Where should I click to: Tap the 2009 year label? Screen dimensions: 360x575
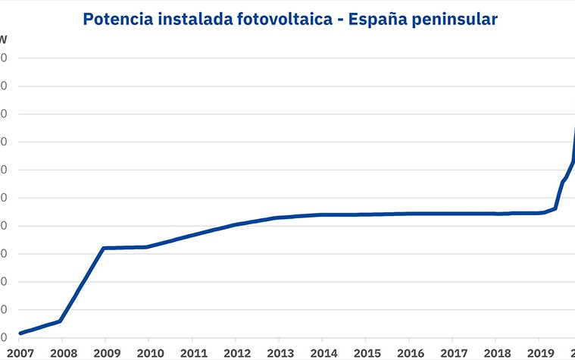click(x=105, y=352)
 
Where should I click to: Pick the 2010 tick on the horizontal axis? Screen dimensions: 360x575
click(x=148, y=352)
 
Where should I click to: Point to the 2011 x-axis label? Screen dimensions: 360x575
click(x=192, y=352)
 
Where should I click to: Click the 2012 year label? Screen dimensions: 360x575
click(x=236, y=352)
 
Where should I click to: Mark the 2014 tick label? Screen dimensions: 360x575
click(x=323, y=352)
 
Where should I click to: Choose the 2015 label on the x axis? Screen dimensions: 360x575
click(x=367, y=352)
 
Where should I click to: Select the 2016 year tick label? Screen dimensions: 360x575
click(x=410, y=352)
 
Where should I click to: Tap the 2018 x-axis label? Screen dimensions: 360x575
click(x=497, y=352)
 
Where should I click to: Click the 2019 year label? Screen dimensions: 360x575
click(x=540, y=352)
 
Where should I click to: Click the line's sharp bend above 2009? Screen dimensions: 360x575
click(x=104, y=248)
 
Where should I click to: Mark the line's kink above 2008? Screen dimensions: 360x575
click(x=61, y=321)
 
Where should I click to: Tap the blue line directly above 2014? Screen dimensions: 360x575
click(x=323, y=214)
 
